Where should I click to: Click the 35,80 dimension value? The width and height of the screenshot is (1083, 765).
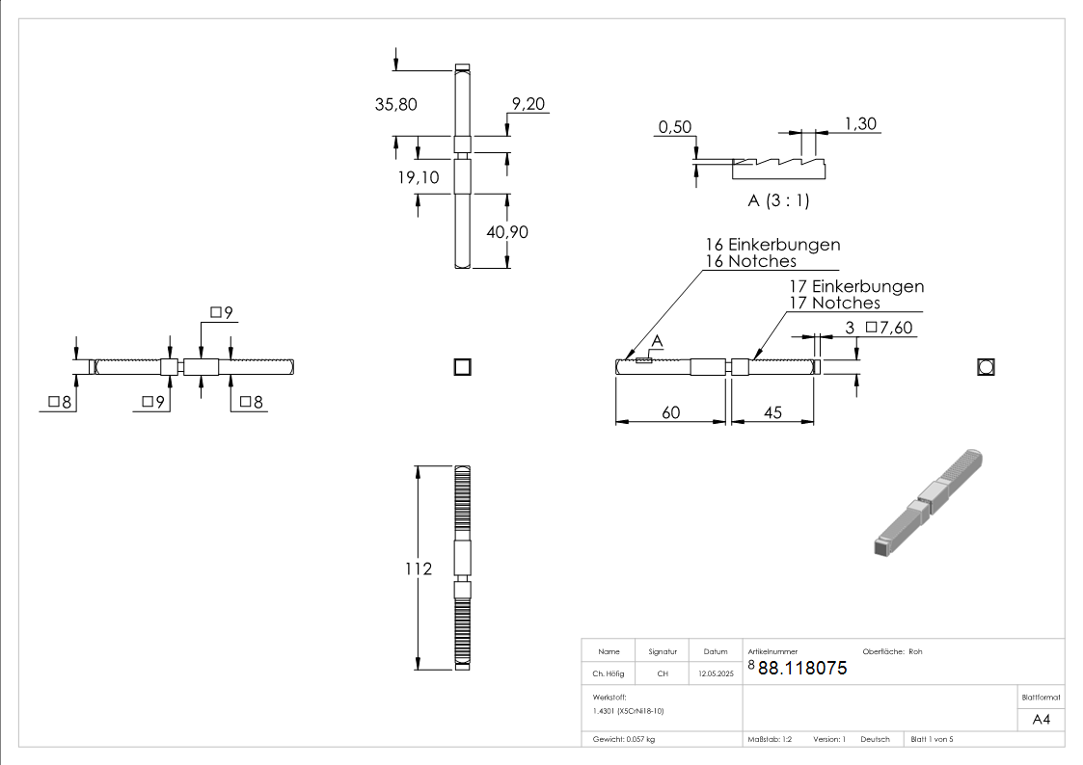(395, 105)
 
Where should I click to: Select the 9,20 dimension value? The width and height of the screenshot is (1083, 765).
(529, 104)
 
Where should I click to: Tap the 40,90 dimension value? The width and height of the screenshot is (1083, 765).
(507, 232)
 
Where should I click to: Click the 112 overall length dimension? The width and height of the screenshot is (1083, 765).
(420, 568)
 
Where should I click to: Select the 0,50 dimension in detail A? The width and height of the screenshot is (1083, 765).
(675, 128)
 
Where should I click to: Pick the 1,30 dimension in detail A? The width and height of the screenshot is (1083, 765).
(859, 123)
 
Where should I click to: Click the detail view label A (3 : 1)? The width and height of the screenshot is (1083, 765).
(778, 201)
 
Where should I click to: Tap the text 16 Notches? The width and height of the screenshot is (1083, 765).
(751, 261)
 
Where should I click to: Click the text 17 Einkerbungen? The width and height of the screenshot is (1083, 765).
(855, 286)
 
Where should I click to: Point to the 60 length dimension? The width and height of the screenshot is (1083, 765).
(670, 412)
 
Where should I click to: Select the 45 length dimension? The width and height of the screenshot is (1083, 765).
(772, 412)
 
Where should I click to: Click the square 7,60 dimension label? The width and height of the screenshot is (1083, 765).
(888, 328)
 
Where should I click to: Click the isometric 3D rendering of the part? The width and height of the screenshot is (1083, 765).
(928, 501)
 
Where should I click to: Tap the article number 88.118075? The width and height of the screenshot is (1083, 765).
(801, 668)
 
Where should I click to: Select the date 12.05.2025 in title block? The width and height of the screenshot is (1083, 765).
(716, 674)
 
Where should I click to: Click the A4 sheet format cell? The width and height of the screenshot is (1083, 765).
(1042, 719)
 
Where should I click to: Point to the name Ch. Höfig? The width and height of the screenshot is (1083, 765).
(608, 674)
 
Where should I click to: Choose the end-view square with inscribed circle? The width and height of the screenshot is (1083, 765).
(986, 366)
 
